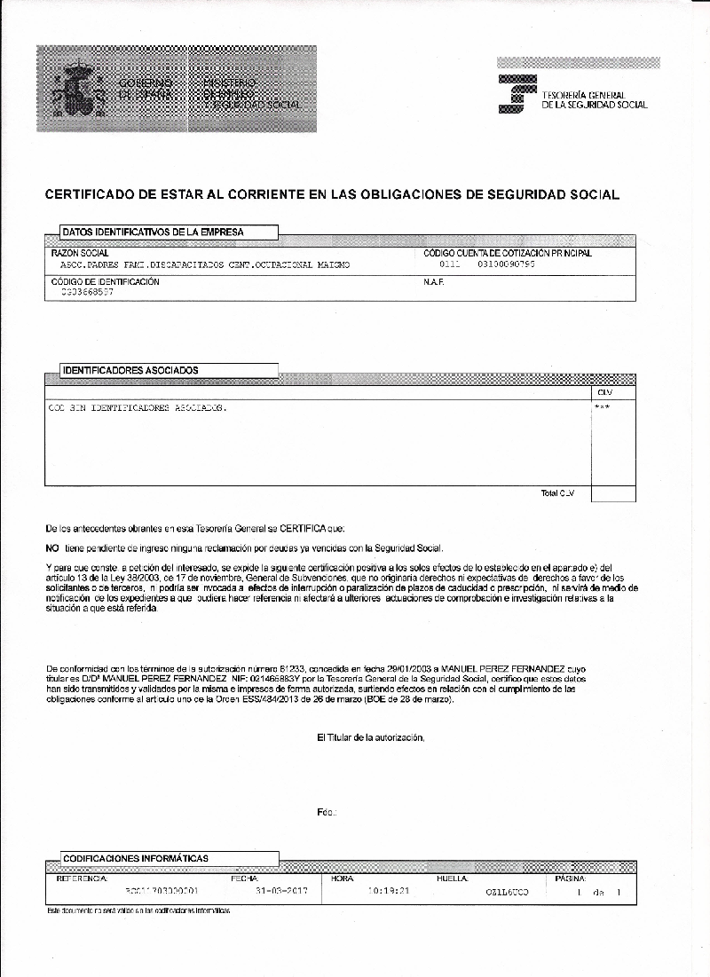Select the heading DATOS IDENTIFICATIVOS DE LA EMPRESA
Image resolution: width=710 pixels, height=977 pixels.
(x=153, y=232)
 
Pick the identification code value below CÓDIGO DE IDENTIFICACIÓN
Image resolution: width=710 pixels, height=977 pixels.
(x=87, y=292)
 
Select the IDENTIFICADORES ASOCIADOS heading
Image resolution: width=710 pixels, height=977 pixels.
(x=130, y=370)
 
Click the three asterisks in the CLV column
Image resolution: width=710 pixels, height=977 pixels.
(x=603, y=407)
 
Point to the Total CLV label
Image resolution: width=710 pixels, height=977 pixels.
(x=557, y=493)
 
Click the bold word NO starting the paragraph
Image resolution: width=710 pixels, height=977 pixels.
(x=51, y=548)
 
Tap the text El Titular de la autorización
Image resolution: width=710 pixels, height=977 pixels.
(x=370, y=737)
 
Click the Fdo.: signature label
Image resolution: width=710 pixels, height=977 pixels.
(x=326, y=813)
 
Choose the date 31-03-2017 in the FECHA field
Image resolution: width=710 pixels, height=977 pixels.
(x=280, y=891)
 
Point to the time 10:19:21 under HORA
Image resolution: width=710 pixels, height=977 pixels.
(x=388, y=891)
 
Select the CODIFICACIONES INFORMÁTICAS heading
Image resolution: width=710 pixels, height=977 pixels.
(x=135, y=858)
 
